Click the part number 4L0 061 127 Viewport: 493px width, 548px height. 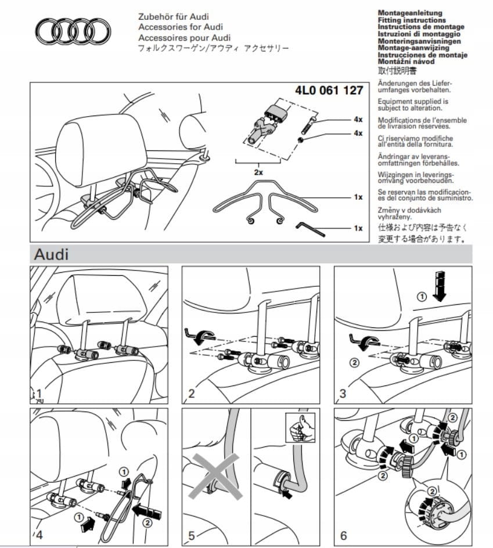329,91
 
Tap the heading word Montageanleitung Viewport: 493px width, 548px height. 410,13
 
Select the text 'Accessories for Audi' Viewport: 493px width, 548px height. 180,27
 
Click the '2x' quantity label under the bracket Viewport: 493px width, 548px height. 258,172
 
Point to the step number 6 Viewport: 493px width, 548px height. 344,535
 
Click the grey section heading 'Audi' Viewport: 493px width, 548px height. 51,254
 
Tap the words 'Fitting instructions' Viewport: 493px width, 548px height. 412,20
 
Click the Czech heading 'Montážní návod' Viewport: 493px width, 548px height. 406,61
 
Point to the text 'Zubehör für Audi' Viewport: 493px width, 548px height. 174,16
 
